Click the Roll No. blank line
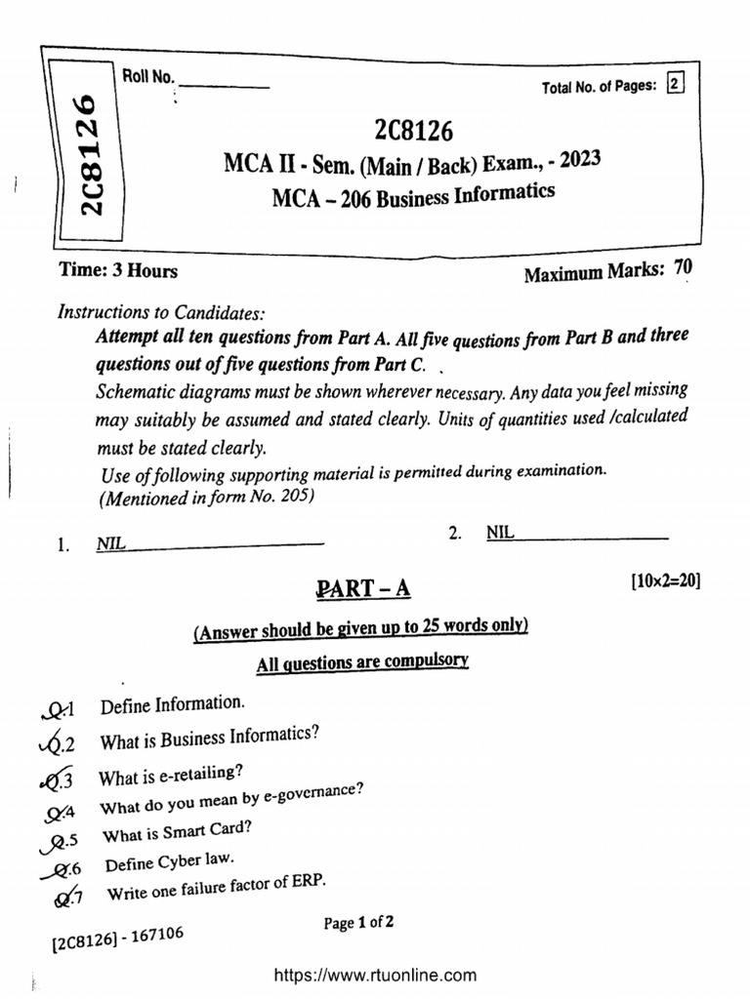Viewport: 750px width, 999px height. (225, 86)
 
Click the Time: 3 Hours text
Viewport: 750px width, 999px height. (119, 270)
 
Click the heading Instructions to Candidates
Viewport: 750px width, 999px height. (161, 313)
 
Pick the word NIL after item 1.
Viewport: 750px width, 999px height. (110, 544)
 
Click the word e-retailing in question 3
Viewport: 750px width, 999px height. (200, 774)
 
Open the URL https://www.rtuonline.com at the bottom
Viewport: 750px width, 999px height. (376, 975)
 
